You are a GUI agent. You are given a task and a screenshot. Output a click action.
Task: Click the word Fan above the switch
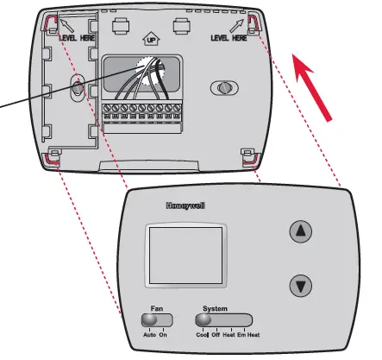tap(156, 308)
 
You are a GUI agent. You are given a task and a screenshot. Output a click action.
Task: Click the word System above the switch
tap(216, 308)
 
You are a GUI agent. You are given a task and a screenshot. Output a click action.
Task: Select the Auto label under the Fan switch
tap(148, 333)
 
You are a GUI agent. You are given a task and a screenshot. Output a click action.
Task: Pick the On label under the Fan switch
tap(163, 333)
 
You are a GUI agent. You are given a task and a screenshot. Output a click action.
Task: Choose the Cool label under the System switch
tap(203, 333)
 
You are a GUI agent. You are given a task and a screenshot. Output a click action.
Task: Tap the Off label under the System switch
tap(217, 333)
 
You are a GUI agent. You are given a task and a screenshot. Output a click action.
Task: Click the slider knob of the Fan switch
tap(150, 320)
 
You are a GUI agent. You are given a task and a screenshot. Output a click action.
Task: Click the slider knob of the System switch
tap(204, 320)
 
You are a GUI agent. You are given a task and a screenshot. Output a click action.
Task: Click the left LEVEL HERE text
tap(77, 40)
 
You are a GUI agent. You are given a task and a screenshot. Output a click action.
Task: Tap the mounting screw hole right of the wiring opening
tap(222, 89)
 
